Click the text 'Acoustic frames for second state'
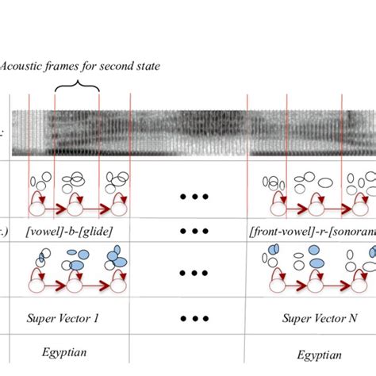80,67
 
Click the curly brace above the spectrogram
76,88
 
